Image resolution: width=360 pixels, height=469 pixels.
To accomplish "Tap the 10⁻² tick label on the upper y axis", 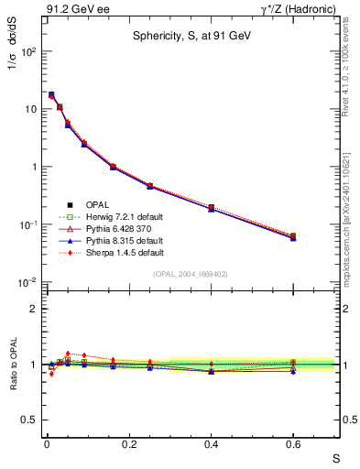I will click(25, 282).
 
